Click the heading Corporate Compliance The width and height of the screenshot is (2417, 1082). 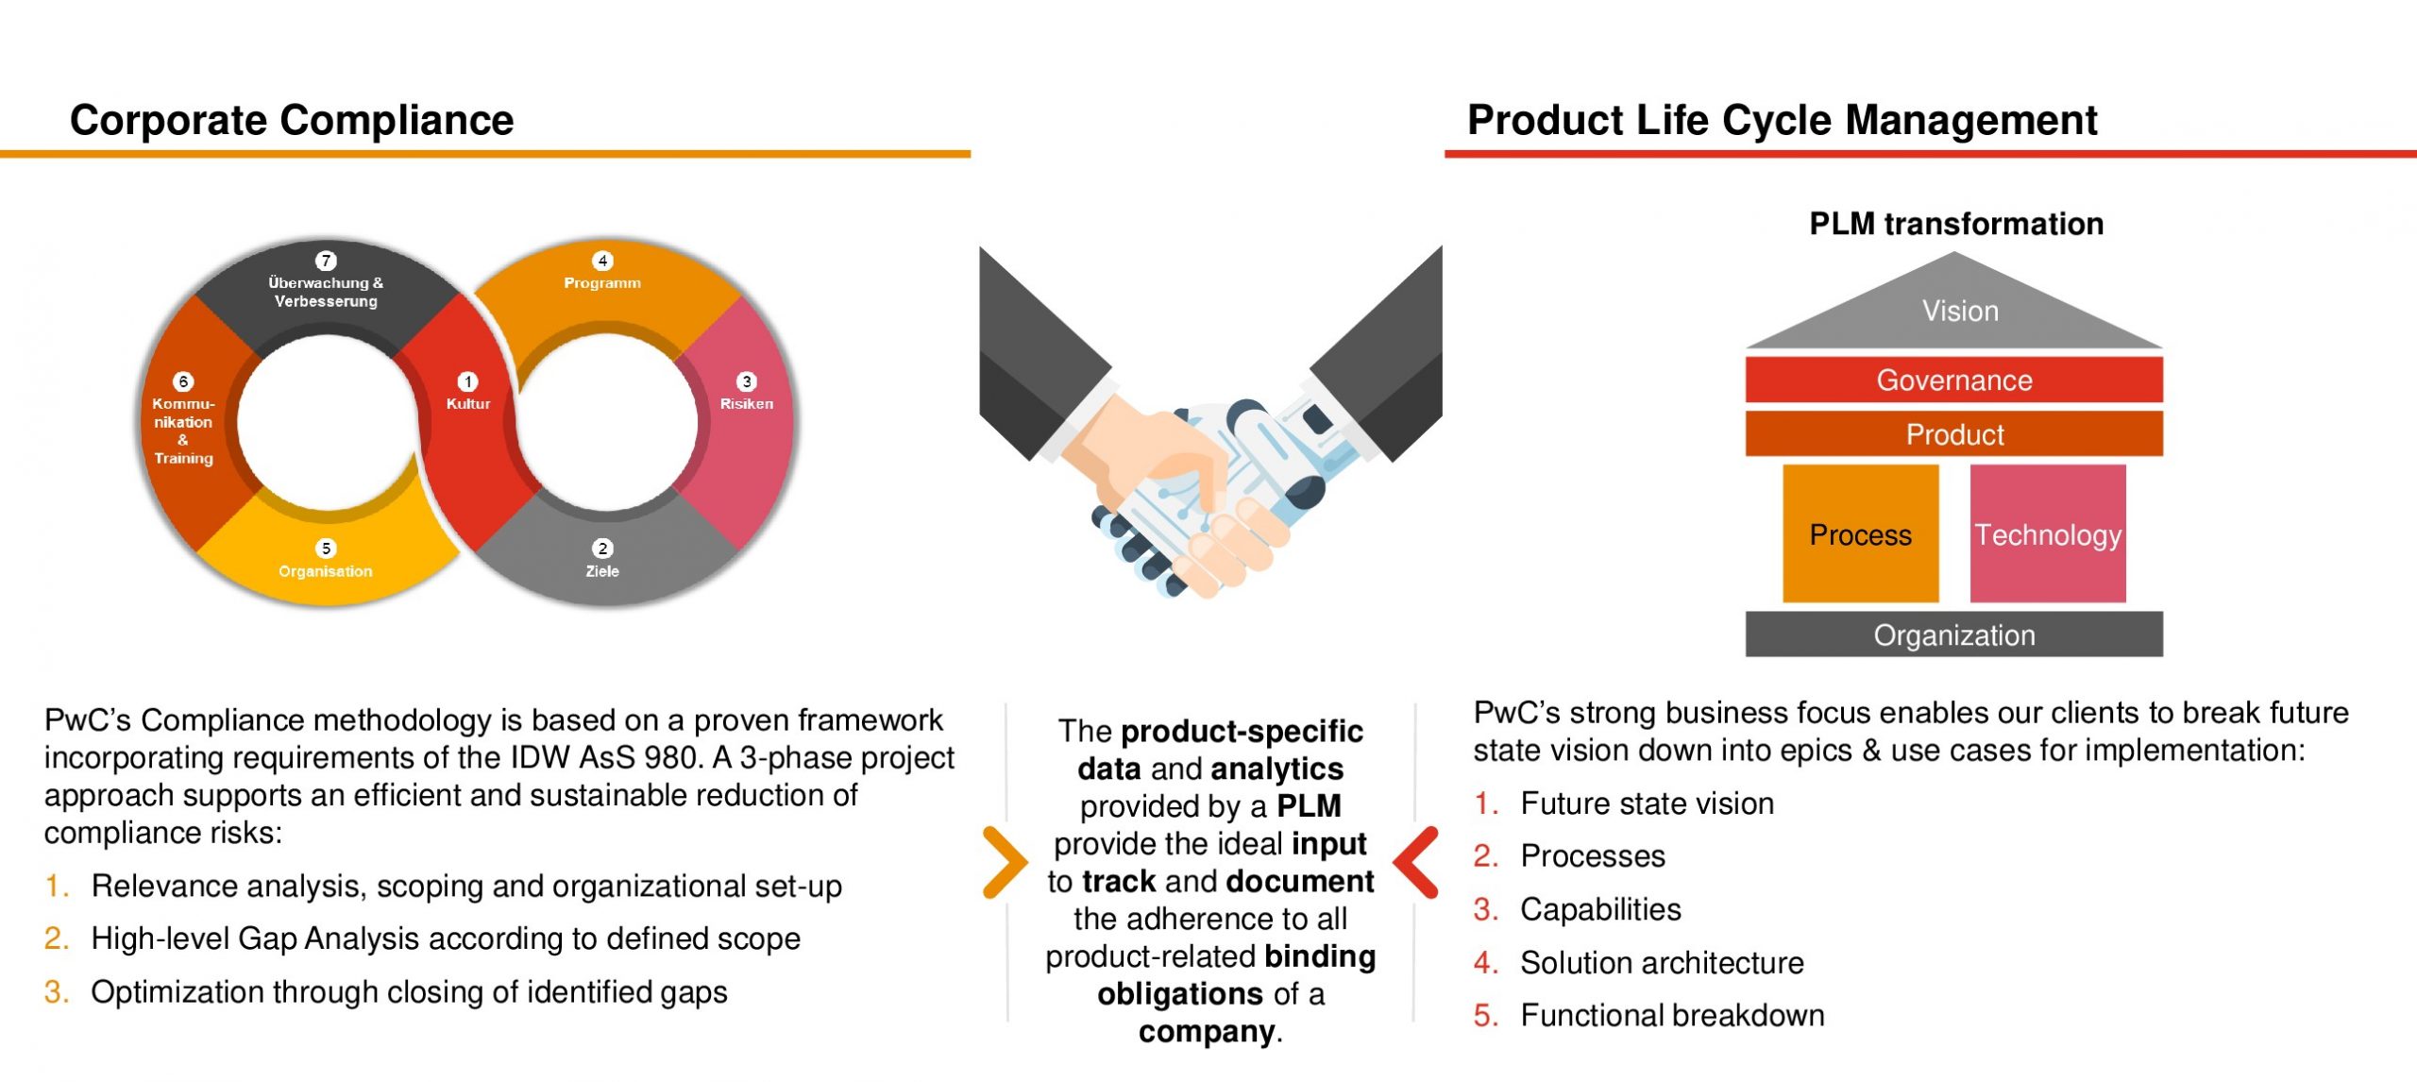[x=292, y=120]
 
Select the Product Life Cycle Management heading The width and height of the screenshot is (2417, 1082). [x=1782, y=121]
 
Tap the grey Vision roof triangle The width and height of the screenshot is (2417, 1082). [x=1954, y=307]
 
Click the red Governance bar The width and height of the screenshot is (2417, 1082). [x=1954, y=380]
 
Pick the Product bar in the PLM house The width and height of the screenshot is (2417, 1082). [x=1954, y=433]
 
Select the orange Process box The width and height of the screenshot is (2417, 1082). [x=1861, y=533]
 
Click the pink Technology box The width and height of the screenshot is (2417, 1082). [x=2048, y=533]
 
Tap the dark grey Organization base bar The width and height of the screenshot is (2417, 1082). [x=1954, y=634]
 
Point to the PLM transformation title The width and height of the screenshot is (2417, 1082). [x=1956, y=224]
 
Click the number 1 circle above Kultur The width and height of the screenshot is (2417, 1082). [x=467, y=381]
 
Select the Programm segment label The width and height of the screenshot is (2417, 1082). [x=602, y=282]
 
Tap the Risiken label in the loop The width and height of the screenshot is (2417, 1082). [x=747, y=403]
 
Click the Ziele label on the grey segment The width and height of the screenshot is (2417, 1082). [x=602, y=570]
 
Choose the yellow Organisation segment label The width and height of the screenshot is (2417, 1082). [x=326, y=570]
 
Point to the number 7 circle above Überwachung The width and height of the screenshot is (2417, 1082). [x=326, y=261]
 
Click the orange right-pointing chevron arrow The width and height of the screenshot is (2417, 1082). [x=1005, y=862]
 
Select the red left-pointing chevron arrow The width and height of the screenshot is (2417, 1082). [x=1415, y=862]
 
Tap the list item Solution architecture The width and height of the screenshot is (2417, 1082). [x=1662, y=962]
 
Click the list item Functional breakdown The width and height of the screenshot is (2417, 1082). [x=1672, y=1015]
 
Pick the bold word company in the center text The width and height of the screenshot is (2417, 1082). [x=1207, y=1031]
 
